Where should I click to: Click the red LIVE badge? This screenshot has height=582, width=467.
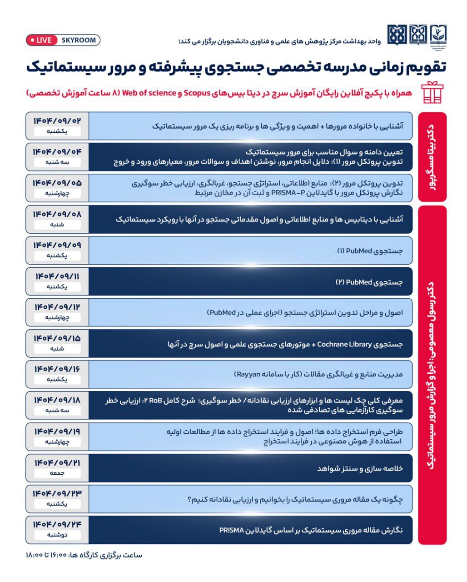click(41, 40)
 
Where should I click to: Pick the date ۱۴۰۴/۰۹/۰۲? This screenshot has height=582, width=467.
click(57, 121)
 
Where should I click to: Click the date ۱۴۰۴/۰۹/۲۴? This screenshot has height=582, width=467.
click(57, 524)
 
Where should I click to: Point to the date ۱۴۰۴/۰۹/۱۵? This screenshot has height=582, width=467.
click(57, 338)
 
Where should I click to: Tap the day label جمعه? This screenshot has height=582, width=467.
click(57, 473)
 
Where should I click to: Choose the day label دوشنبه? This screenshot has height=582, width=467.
click(57, 535)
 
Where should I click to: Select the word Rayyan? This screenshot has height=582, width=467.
click(247, 374)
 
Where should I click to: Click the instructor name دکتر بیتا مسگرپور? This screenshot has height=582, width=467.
click(432, 157)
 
